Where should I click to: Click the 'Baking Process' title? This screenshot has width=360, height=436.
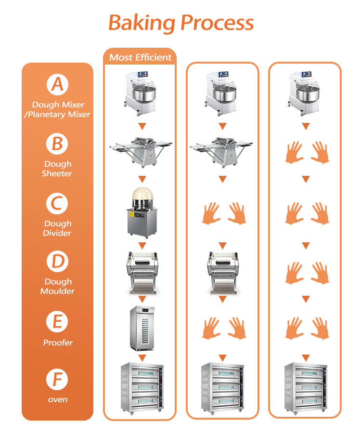[x=180, y=23]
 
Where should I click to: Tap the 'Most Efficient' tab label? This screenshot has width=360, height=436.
[x=140, y=57]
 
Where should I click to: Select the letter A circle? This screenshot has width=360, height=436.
[x=57, y=85]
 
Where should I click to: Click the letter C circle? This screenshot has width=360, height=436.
[x=57, y=203]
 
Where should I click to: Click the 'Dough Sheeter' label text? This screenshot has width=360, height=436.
[x=57, y=169]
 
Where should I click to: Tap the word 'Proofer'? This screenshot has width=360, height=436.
[x=57, y=343]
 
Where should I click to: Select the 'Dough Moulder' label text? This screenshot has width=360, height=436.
[x=58, y=286]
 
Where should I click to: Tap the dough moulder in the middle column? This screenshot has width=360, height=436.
[x=222, y=272]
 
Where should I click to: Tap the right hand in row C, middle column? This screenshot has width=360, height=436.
[x=236, y=213]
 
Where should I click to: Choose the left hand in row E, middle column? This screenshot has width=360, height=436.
[x=209, y=328]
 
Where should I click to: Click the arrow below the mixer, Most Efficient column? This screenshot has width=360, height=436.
[x=141, y=127]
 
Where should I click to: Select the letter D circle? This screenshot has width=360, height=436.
[x=57, y=262]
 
